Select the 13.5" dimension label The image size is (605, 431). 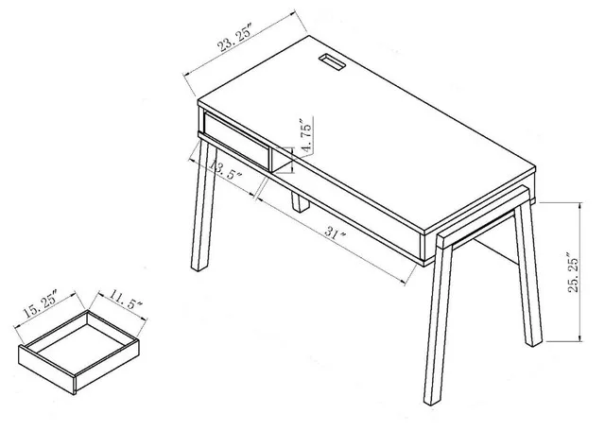coord(227,174)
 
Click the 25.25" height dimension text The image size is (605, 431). coord(569,272)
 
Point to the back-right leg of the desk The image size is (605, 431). coord(527,274)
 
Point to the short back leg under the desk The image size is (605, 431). coord(299,204)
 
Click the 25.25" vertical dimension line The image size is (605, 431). coord(578,272)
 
